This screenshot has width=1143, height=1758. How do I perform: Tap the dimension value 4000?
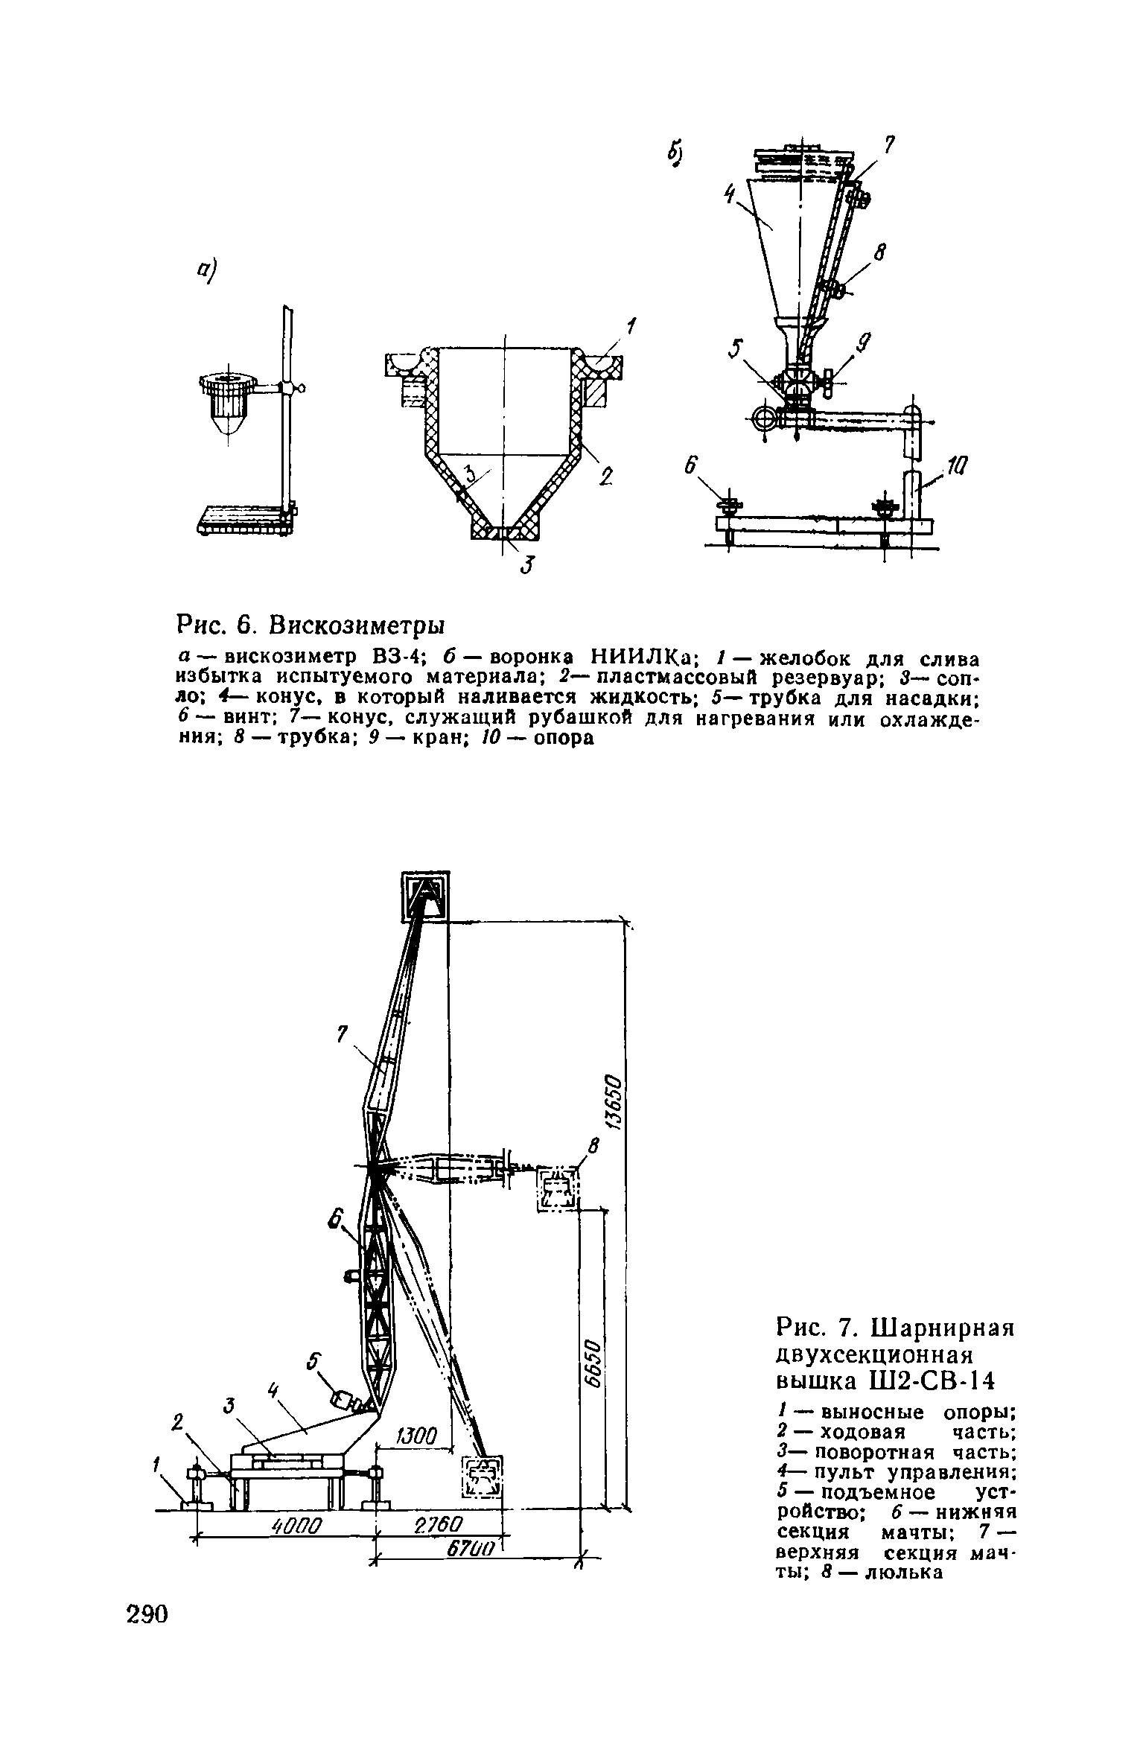(x=296, y=1526)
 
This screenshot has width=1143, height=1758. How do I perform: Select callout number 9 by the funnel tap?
(x=864, y=343)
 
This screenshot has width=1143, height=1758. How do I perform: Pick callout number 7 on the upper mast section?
(x=342, y=1034)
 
